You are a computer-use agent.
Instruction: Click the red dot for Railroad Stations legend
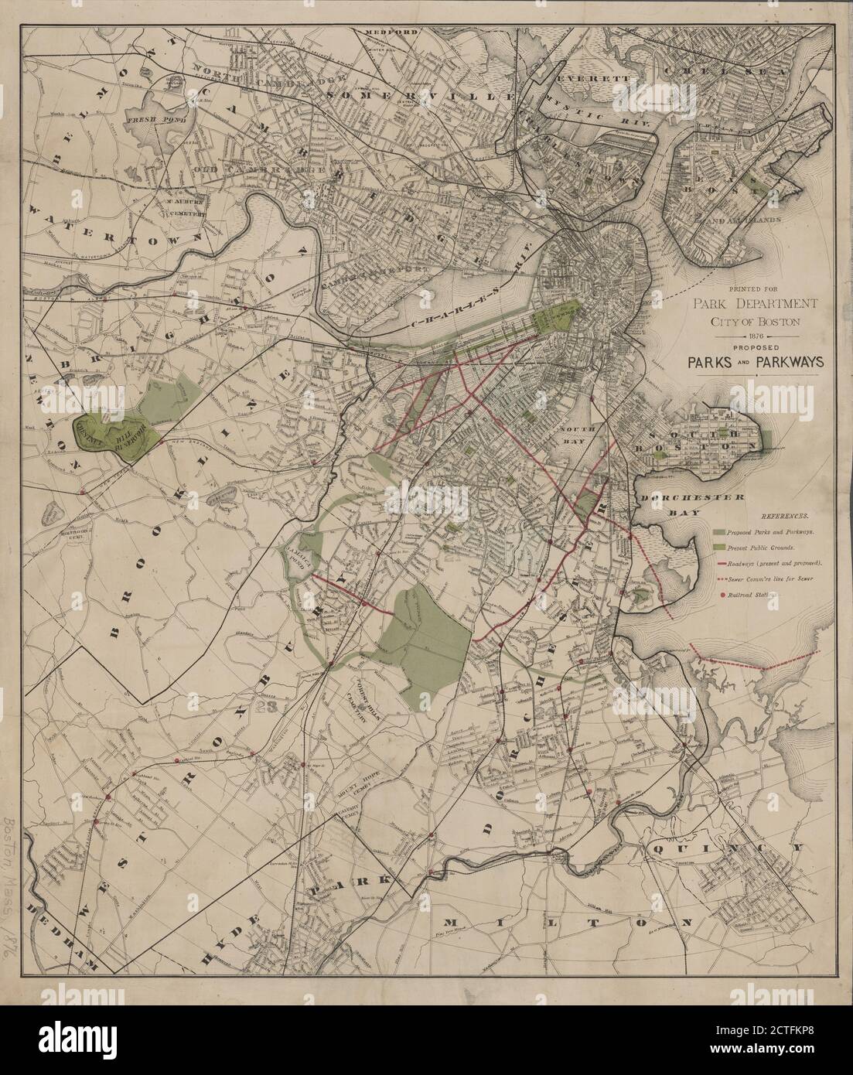point(721,595)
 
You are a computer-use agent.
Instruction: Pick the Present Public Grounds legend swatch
point(721,547)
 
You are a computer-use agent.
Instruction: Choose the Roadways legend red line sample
point(721,563)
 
